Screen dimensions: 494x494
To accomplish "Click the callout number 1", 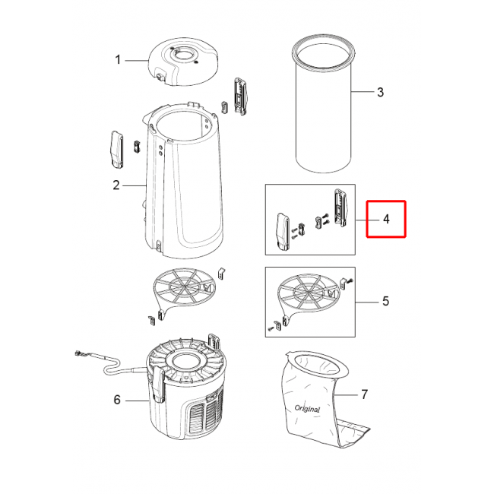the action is [x=118, y=59].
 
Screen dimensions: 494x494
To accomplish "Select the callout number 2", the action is [x=116, y=185].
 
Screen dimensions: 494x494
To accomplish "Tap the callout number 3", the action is [x=380, y=92].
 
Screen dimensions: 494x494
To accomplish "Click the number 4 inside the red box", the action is [x=386, y=219].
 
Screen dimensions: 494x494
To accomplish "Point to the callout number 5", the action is [x=385, y=301].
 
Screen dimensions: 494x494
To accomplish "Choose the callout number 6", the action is [x=117, y=400].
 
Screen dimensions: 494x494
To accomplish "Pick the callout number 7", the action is [x=365, y=394].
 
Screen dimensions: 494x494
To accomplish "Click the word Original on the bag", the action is [x=307, y=409].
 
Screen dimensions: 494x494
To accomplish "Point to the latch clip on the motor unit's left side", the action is [x=158, y=386].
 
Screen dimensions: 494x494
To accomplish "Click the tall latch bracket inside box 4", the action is [x=340, y=208].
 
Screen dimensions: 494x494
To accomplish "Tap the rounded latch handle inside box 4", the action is [x=282, y=232].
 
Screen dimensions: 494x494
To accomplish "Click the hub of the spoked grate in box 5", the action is [x=308, y=292].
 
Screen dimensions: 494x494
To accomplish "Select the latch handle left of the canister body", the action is [x=116, y=150].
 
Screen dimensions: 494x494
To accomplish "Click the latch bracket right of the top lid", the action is [x=240, y=96].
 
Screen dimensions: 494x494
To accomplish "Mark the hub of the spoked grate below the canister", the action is [x=184, y=286].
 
